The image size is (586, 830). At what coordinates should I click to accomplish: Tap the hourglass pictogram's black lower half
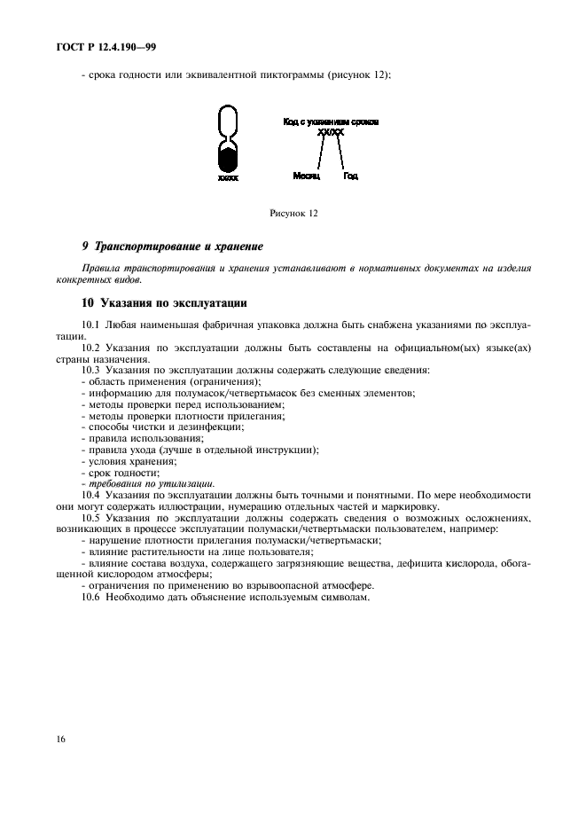tap(228, 160)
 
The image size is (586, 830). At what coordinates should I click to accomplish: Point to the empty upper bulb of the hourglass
tap(228, 120)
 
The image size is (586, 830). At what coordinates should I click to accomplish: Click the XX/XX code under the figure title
tap(329, 131)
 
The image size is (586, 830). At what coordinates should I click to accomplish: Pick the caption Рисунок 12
tap(293, 214)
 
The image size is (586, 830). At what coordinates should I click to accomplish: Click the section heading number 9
tap(84, 246)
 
